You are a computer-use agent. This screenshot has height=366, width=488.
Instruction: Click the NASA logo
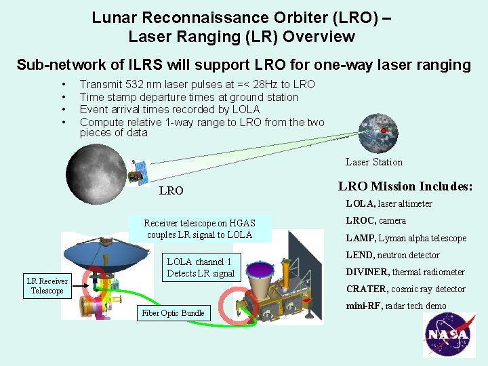pos(447,335)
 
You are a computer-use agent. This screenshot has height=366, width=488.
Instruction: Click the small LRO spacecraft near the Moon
pos(140,174)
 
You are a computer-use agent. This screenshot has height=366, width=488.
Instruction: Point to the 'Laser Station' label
pos(373,162)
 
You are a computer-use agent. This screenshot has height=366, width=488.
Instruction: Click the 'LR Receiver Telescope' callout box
pos(47,286)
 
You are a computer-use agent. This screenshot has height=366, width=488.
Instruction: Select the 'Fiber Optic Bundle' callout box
pos(174,313)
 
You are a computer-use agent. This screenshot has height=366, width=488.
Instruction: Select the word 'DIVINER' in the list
pos(367,272)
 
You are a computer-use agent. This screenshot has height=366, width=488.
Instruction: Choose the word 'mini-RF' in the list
pos(363,306)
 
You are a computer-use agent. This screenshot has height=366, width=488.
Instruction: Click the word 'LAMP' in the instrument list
pos(359,238)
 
